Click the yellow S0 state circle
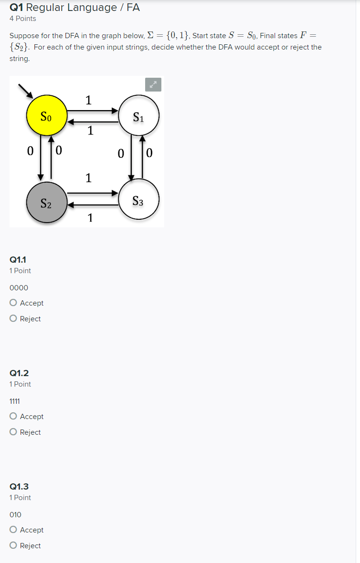(46, 116)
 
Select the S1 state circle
(138, 116)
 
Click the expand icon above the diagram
(153, 84)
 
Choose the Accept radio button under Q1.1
(13, 303)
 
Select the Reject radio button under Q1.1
(13, 318)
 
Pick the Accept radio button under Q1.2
(13, 416)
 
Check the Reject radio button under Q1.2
(13, 432)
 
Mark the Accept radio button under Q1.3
(13, 530)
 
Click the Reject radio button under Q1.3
(13, 545)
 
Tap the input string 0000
(19, 287)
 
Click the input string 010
(15, 514)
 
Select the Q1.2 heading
(19, 373)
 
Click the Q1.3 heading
(19, 486)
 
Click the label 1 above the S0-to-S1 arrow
(88, 100)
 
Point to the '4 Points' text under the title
(22, 19)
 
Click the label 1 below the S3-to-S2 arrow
(90, 218)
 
